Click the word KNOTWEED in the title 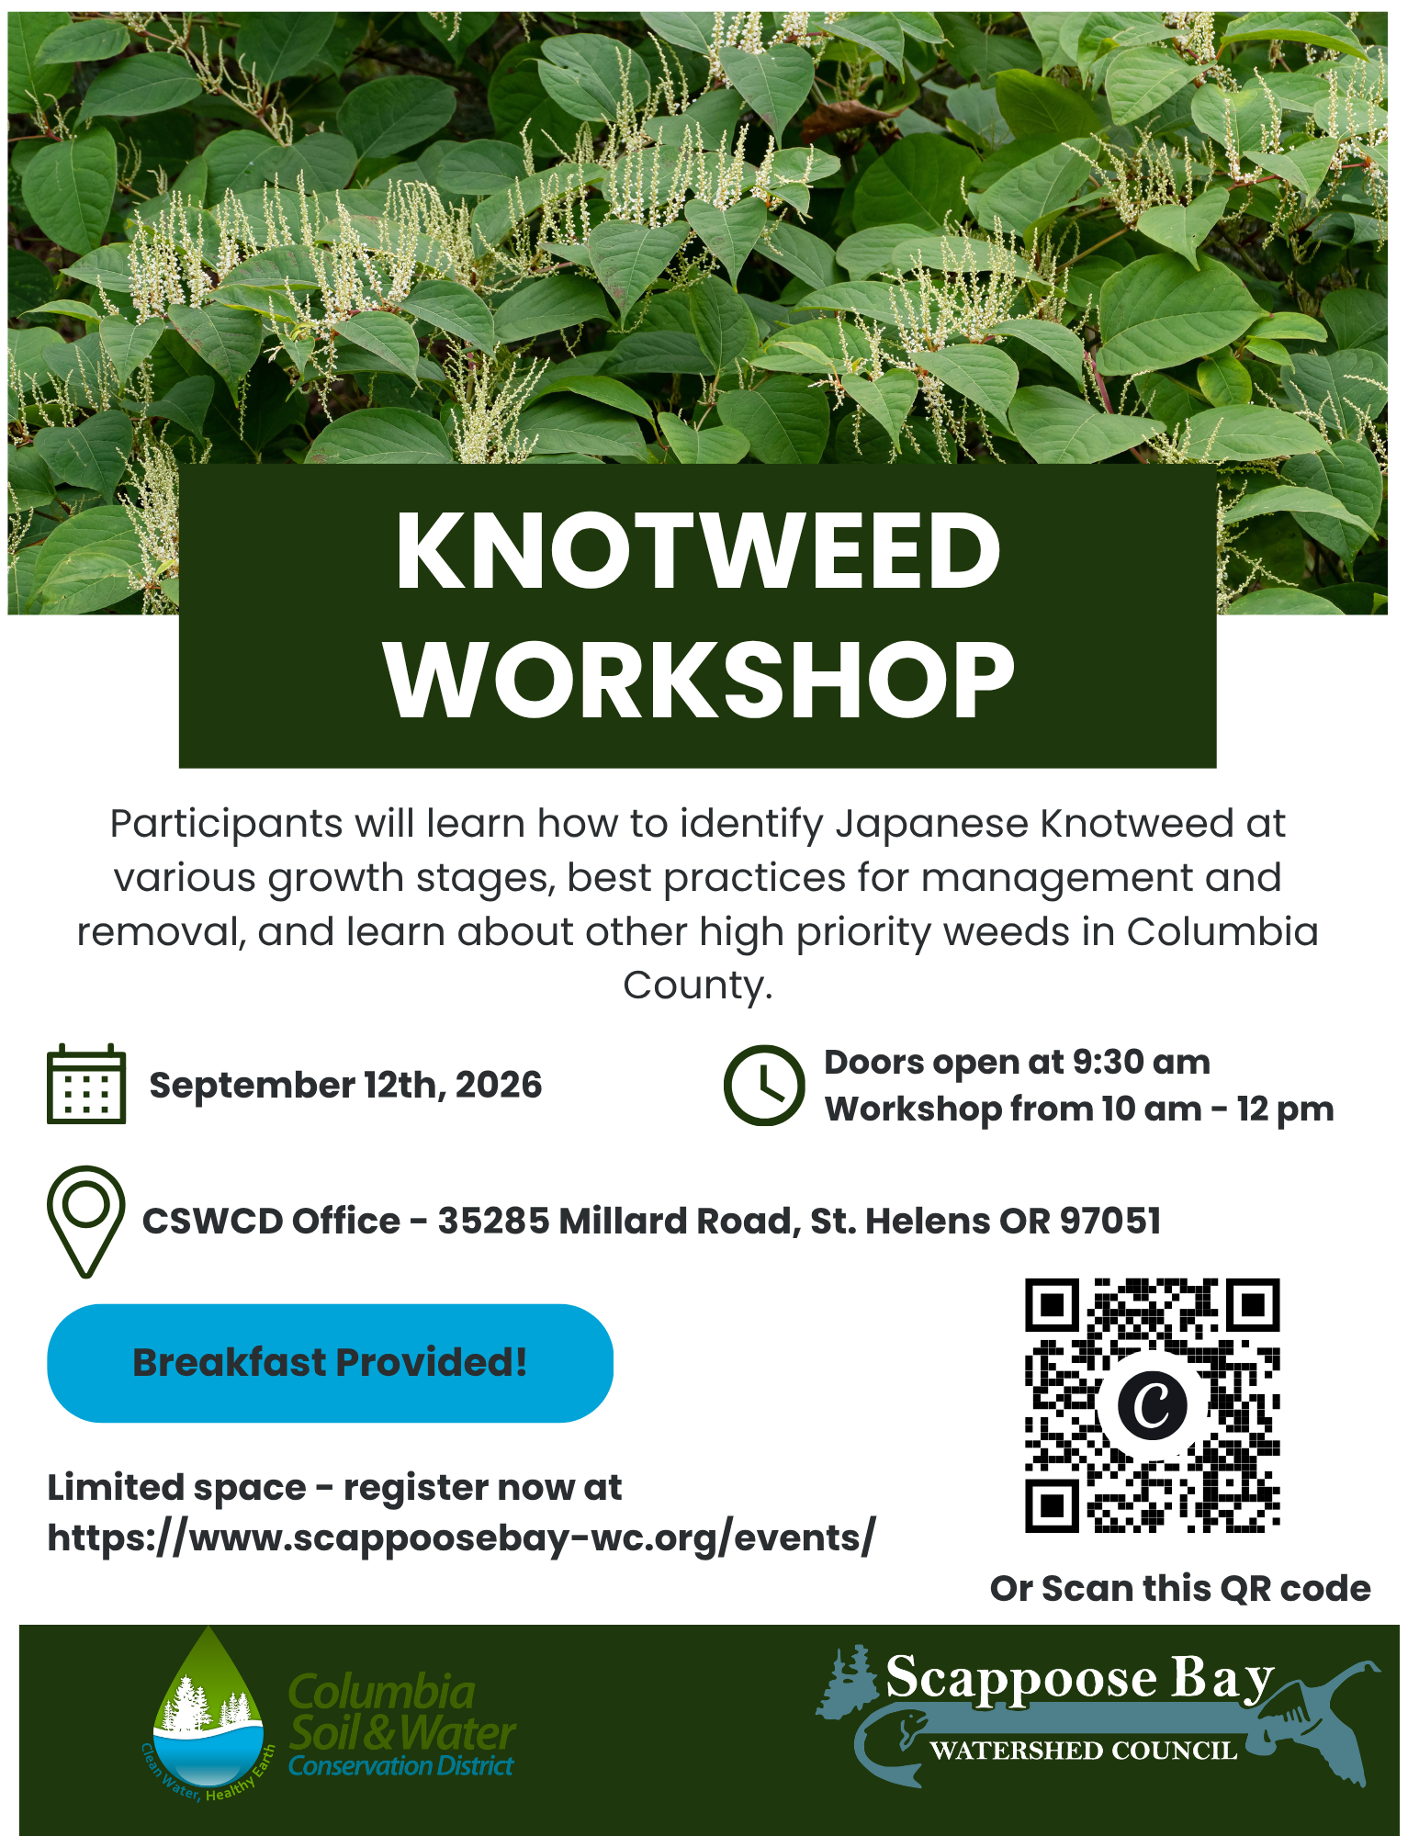pyautogui.click(x=698, y=550)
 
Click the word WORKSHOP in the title pyautogui.click(x=699, y=680)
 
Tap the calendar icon pyautogui.click(x=86, y=1084)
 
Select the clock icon pyautogui.click(x=764, y=1085)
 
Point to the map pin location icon pyautogui.click(x=85, y=1222)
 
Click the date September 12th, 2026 pyautogui.click(x=345, y=1085)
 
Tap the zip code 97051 pyautogui.click(x=1110, y=1221)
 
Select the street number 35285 pyautogui.click(x=492, y=1221)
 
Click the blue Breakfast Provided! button pyautogui.click(x=330, y=1363)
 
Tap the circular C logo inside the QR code pyautogui.click(x=1152, y=1405)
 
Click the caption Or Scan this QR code pyautogui.click(x=1180, y=1588)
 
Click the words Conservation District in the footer pyautogui.click(x=401, y=1766)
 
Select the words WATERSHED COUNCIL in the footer pyautogui.click(x=1084, y=1751)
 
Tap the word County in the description pyautogui.click(x=698, y=986)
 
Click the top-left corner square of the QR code pyautogui.click(x=1052, y=1304)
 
